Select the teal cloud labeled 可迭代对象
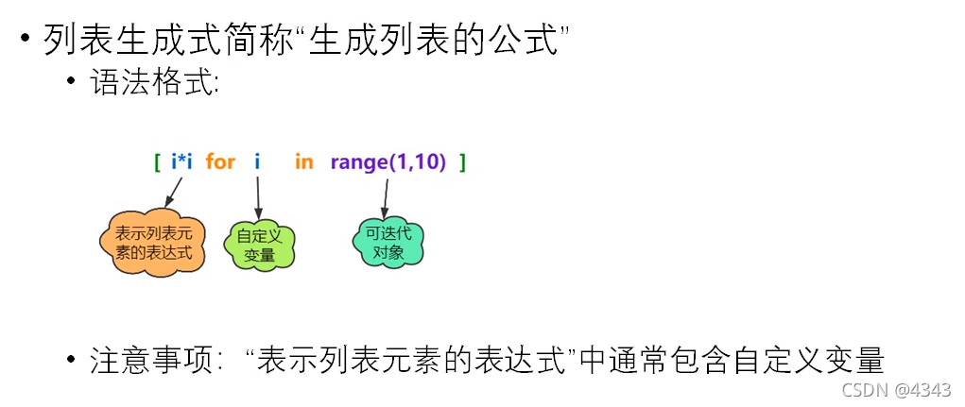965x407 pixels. tap(388, 241)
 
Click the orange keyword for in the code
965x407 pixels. tap(219, 162)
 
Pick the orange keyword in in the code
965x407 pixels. tap(303, 162)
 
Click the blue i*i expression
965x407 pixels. tap(181, 162)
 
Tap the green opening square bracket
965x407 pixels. tap(157, 162)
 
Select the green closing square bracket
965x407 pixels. tap(462, 162)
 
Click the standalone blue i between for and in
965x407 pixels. tap(257, 162)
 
